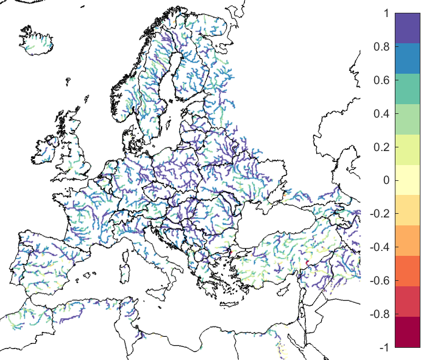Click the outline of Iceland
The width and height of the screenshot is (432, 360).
(37, 39)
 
